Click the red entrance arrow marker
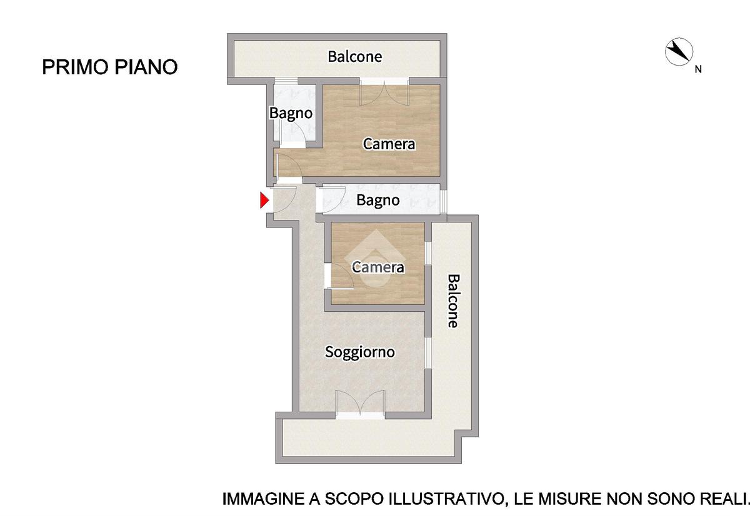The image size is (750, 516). [x=264, y=201]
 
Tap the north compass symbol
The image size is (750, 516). [x=679, y=52]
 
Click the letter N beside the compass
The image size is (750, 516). [x=698, y=69]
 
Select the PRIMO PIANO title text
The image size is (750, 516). [x=110, y=67]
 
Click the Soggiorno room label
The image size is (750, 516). [x=360, y=352]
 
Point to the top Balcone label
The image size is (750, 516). [x=354, y=57]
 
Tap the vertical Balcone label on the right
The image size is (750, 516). [x=453, y=301]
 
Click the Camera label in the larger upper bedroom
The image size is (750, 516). [x=389, y=144]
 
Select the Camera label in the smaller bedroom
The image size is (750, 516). [x=378, y=267]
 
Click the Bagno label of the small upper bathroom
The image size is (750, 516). [x=291, y=113]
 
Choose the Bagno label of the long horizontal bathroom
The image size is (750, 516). [x=377, y=200]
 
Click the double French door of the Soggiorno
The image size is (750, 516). [x=360, y=404]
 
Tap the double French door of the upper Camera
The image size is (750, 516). [x=384, y=92]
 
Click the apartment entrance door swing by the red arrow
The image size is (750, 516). [x=284, y=199]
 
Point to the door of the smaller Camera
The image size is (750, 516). [x=339, y=276]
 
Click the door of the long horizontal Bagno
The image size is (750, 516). [x=331, y=200]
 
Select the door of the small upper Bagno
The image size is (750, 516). [x=294, y=137]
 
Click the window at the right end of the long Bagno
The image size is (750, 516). [x=443, y=201]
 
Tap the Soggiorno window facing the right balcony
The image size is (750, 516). [x=428, y=353]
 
